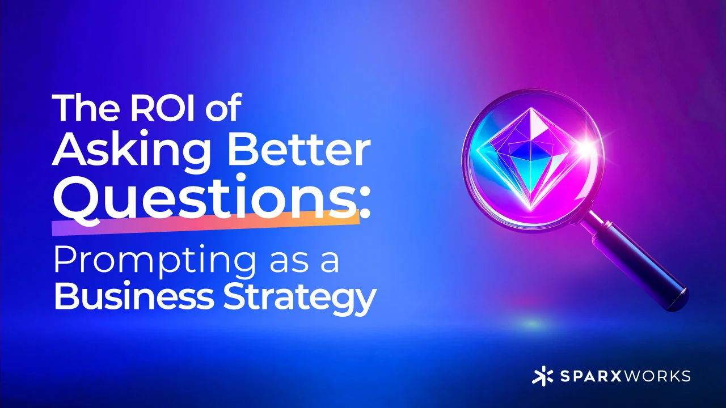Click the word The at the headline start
click(86, 108)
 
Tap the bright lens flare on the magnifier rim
click(588, 148)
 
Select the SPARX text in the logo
click(585, 376)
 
